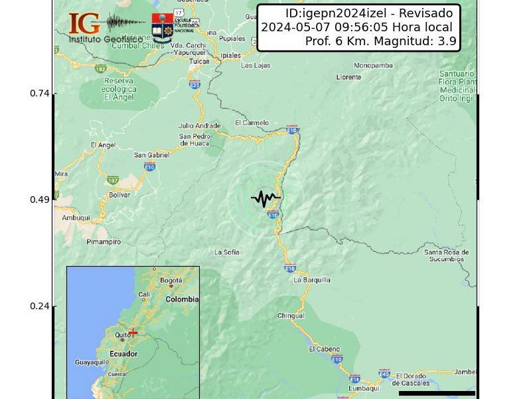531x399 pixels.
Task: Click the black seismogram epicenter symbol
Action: tap(265, 198)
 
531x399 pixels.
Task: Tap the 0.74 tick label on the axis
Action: tap(40, 93)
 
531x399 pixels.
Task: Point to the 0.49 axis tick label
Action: tap(40, 199)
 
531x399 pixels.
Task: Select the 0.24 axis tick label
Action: tap(40, 306)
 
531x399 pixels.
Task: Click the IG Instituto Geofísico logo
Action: tap(100, 27)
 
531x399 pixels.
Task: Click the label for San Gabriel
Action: tap(152, 155)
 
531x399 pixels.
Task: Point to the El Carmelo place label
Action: tap(252, 123)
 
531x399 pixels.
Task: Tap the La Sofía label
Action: tap(227, 252)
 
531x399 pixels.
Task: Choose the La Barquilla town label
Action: tap(312, 280)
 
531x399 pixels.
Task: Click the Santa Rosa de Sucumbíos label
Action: tap(447, 255)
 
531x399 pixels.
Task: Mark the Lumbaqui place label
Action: tap(363, 388)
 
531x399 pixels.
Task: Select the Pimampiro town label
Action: tap(104, 242)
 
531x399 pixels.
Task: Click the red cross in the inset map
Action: tap(133, 332)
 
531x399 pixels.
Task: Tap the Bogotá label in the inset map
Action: tap(171, 280)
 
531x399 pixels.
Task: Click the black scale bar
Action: tap(437, 393)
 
